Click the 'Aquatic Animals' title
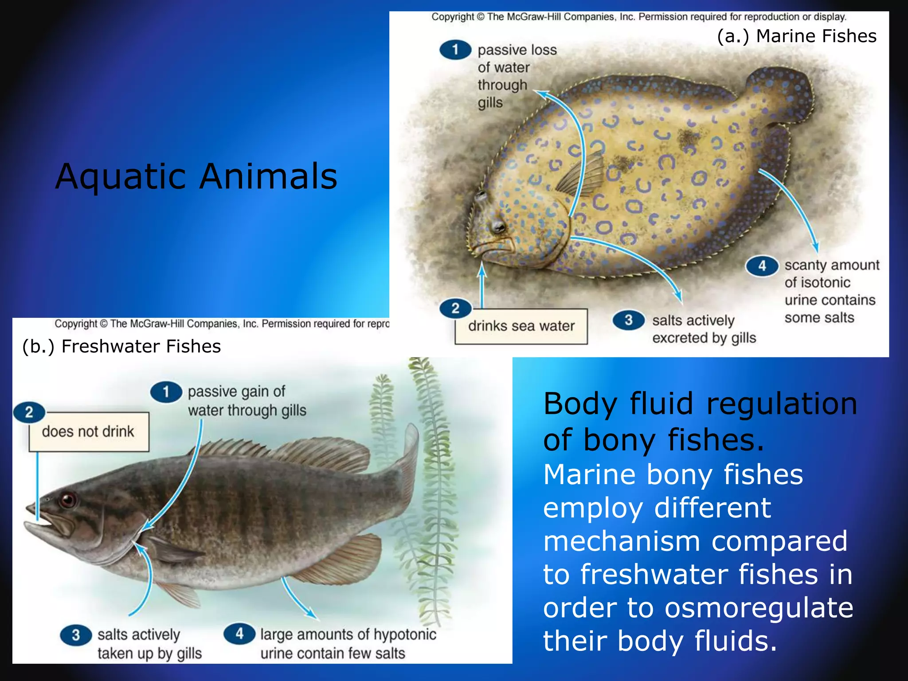pos(196,176)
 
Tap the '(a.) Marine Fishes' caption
pos(796,36)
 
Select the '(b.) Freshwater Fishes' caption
pos(121,346)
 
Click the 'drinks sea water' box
pos(521,326)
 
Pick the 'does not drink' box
pos(88,431)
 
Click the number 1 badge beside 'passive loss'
pos(455,50)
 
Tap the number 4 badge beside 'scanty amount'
pos(762,266)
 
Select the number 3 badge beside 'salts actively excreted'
pos(628,320)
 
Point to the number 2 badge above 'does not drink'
pos(29,412)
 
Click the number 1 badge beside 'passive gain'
pos(166,392)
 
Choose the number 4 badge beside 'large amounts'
pos(239,634)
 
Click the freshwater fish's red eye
pos(68,500)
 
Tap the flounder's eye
pos(498,227)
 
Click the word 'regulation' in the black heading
pos(781,403)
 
